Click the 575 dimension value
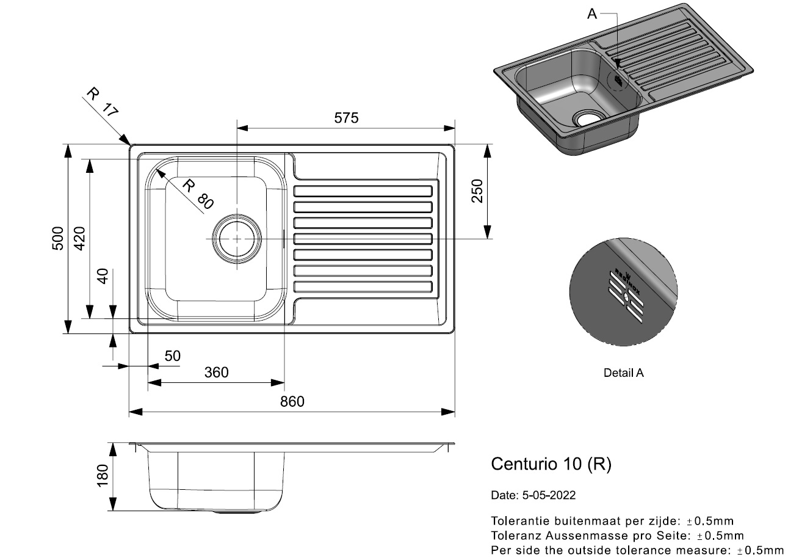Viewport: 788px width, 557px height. (x=345, y=118)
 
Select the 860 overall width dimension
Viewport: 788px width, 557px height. (x=292, y=401)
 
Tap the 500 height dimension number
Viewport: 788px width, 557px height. (x=57, y=239)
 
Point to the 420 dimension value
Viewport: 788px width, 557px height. (x=79, y=239)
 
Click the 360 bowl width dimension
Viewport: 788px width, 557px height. (x=216, y=372)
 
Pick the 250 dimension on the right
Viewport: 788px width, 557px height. (x=477, y=191)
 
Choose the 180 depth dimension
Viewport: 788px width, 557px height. (x=102, y=476)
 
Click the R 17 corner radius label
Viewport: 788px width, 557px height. (x=101, y=102)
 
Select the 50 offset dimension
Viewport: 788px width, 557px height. (x=173, y=356)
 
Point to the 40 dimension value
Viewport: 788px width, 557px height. (x=102, y=276)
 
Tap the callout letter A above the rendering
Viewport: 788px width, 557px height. (x=591, y=13)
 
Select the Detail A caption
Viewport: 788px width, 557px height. (x=623, y=373)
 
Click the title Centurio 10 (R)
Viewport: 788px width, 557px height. (x=551, y=464)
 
